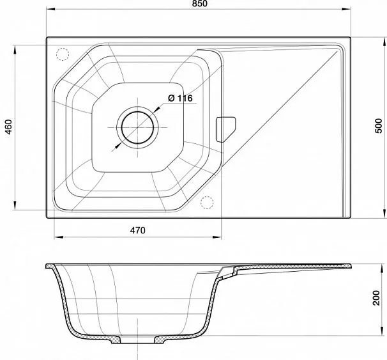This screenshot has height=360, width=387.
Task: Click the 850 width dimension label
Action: tap(200, 4)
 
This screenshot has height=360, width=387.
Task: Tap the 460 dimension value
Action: tap(9, 127)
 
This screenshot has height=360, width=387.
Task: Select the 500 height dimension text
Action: tap(378, 126)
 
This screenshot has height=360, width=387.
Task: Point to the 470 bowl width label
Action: tap(138, 230)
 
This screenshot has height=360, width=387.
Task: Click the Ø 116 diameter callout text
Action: tap(180, 98)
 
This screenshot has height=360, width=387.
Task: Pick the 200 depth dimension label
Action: tap(376, 298)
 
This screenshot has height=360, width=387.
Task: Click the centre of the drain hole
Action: tap(138, 127)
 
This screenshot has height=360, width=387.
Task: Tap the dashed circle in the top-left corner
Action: tap(62, 54)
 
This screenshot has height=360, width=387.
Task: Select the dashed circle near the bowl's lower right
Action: tap(207, 203)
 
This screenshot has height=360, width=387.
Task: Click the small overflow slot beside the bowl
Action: tap(226, 129)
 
